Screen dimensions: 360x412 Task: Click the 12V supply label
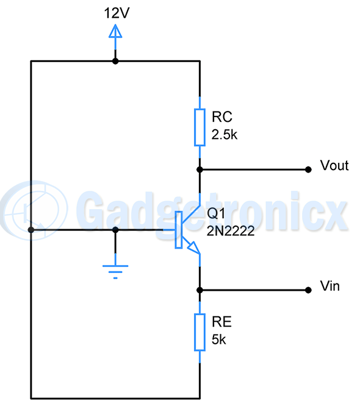coord(117,13)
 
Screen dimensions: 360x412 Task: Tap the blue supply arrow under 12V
coord(115,37)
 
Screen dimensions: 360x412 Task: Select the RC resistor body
coord(200,127)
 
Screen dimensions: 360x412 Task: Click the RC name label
coord(222,117)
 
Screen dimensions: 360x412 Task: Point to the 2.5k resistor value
coord(225,135)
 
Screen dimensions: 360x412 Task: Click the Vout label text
coord(334,166)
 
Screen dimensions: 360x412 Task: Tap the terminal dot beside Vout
coord(308,170)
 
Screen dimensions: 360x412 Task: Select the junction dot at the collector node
coord(200,170)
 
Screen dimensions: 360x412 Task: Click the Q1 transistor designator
coord(216,213)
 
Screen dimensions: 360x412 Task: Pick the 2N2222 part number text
coord(231,231)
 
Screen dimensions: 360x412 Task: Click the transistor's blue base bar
coord(179,230)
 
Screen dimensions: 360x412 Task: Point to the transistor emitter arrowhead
coord(193,247)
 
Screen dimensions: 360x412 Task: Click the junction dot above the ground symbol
coord(115,230)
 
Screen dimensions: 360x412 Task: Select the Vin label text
coord(329,286)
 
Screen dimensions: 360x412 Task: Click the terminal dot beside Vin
coord(308,290)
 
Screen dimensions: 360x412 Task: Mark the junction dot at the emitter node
coord(200,290)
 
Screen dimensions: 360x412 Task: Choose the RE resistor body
coord(200,332)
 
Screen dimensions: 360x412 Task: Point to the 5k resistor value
coord(219,339)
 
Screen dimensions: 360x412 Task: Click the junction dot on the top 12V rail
coord(115,61)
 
